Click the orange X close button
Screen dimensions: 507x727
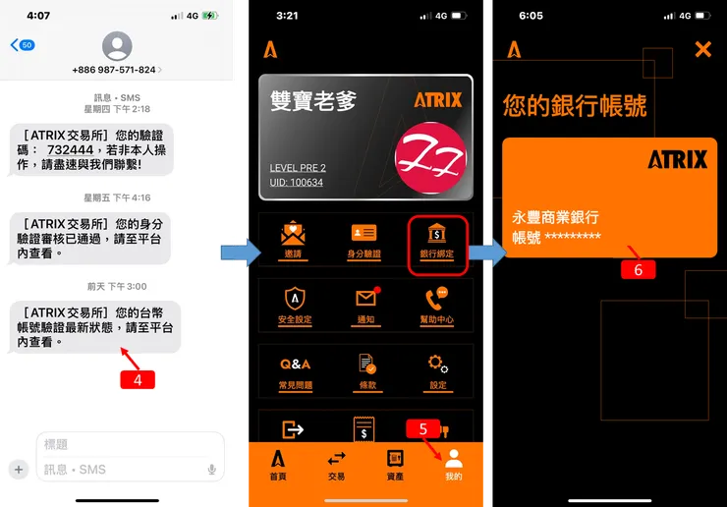[702, 49]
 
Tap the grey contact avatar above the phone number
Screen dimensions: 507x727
[117, 45]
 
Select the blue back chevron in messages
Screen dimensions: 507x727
[14, 45]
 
